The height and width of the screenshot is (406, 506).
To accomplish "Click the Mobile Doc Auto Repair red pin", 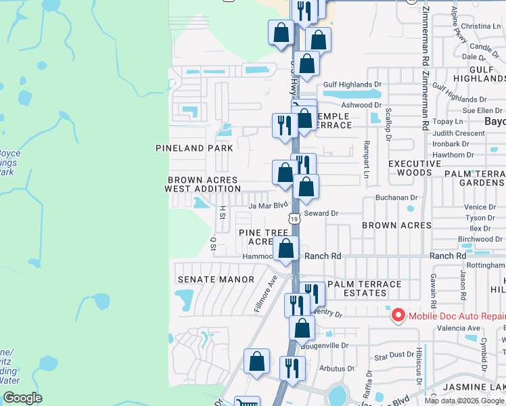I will click(398, 315).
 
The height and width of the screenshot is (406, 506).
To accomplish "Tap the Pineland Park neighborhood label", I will click(194, 148).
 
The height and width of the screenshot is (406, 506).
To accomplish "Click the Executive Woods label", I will click(415, 168).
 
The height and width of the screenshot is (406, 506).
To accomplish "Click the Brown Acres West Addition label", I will click(202, 184).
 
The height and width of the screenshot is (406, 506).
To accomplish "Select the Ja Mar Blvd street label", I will click(269, 205).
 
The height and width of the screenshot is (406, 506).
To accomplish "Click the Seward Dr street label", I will click(321, 213).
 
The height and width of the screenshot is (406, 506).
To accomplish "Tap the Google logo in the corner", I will click(22, 398).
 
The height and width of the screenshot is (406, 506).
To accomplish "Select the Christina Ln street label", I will click(482, 26).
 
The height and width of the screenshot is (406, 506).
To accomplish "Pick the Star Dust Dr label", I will click(392, 354).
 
